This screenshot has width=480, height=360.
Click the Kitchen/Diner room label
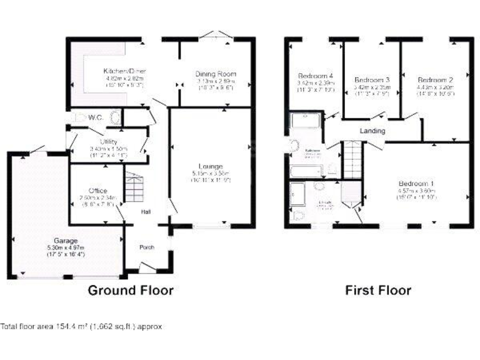pyautogui.click(x=124, y=71)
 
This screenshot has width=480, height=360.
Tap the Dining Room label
pyautogui.click(x=216, y=74)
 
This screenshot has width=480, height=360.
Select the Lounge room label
pyautogui.click(x=212, y=166)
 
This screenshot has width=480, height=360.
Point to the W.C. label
pyautogui.click(x=96, y=117)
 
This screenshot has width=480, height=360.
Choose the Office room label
pyautogui.click(x=97, y=191)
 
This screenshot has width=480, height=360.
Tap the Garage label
pyautogui.click(x=65, y=241)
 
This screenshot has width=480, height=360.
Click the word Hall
pyautogui.click(x=145, y=212)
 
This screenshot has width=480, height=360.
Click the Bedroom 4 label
pyautogui.click(x=314, y=76)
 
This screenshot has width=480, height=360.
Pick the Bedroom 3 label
pyautogui.click(x=372, y=80)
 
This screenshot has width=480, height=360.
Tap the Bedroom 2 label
pyautogui.click(x=435, y=80)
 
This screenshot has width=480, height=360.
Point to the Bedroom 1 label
pyautogui.click(x=417, y=183)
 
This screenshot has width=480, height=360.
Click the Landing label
pyautogui.click(x=372, y=131)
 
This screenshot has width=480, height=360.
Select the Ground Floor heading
pyautogui.click(x=130, y=290)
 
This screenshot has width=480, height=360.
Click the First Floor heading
pyautogui.click(x=379, y=290)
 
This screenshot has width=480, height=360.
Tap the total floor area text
pyautogui.click(x=81, y=326)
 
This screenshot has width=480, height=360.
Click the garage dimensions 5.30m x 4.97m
pyautogui.click(x=66, y=247)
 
